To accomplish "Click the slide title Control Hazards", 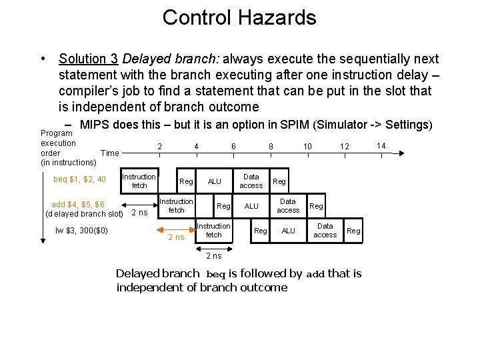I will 239,17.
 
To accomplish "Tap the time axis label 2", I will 159,146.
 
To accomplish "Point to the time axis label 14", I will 381,145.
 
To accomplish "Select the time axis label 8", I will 270,146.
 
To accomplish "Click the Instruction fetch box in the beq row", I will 139,181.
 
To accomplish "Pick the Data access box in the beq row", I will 251,181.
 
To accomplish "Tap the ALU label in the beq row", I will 215,181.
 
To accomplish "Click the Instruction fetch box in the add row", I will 176,205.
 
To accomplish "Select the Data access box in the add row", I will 288,205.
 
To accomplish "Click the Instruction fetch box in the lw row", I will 213,230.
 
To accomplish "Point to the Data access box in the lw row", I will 325,230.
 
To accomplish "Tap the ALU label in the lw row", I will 288,231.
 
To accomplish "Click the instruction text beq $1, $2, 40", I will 79,179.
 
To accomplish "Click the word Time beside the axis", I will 109,153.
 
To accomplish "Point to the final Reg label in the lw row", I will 353,231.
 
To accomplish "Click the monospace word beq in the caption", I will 215,274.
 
